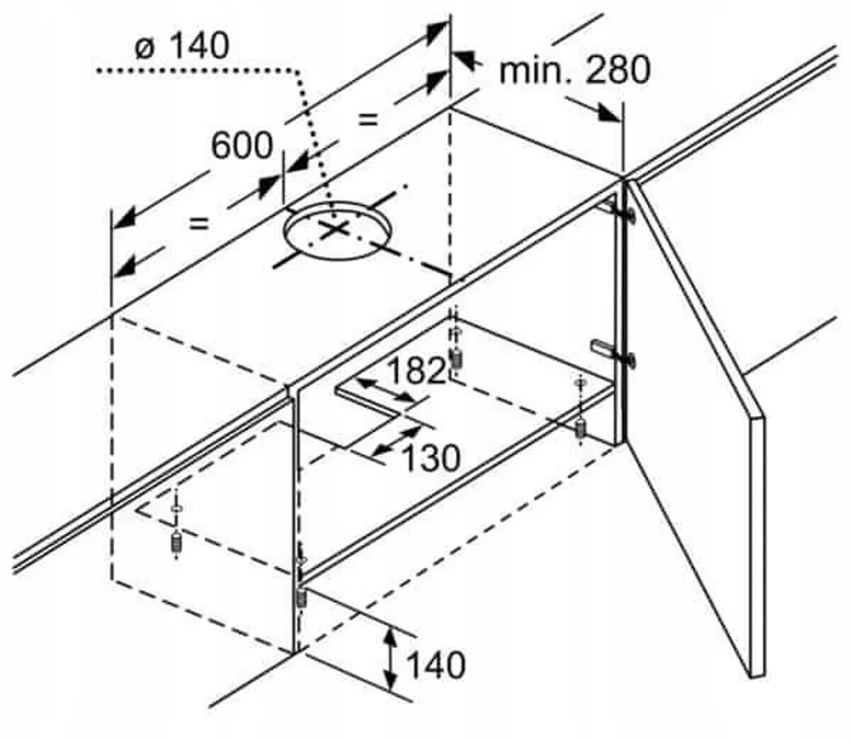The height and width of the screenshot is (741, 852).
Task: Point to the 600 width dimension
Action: coord(242,145)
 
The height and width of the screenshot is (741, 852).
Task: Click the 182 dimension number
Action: coord(417,371)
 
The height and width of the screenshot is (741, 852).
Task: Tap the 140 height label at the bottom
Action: coord(436,664)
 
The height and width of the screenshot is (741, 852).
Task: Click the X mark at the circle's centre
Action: coord(334,230)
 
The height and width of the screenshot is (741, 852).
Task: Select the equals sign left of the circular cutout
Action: coord(198,223)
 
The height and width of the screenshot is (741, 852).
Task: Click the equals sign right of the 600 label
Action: coord(367,119)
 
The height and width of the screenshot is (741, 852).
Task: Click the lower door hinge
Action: coord(614,352)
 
